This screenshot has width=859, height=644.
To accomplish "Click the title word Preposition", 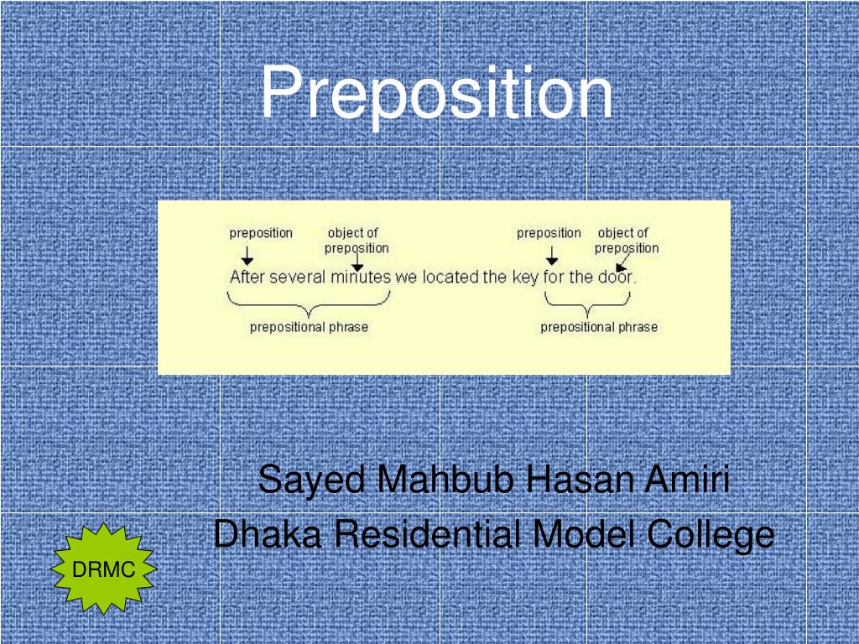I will tap(436, 94).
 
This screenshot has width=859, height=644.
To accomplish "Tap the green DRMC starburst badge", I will tap(104, 570).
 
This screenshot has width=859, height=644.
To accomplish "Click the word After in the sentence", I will tap(247, 277).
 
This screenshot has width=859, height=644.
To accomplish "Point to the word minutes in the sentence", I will tap(361, 277).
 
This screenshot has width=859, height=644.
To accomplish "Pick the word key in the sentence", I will tap(525, 277).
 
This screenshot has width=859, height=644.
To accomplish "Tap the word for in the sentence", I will tap(554, 277).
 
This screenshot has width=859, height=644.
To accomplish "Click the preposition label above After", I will tap(261, 233).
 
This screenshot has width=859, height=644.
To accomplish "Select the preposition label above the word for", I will tap(549, 233).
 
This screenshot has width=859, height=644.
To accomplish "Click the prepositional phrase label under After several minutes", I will tap(309, 327).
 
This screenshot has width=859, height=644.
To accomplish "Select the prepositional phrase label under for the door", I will tap(599, 327).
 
